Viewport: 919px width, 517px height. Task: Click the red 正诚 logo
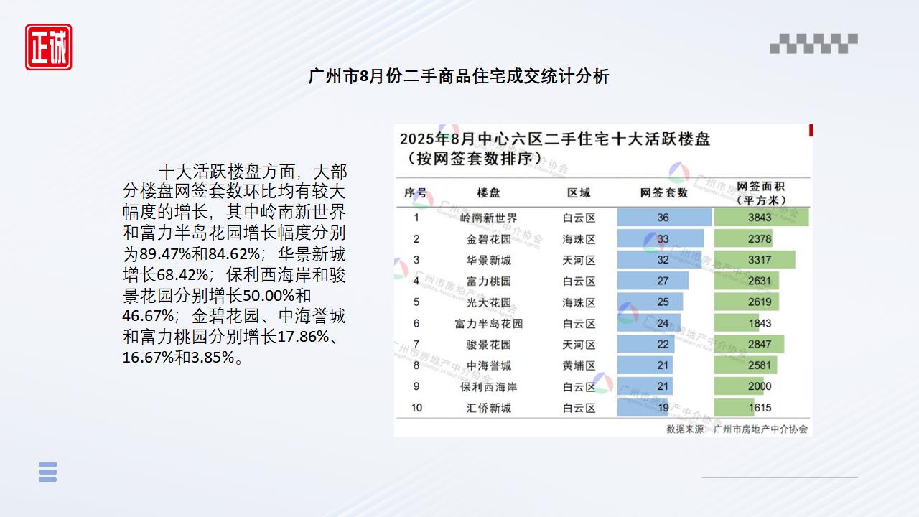(x=48, y=47)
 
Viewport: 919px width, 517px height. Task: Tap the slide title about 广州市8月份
(x=459, y=77)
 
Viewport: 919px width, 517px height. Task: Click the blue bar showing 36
(x=664, y=217)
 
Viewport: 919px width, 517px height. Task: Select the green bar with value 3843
(x=762, y=217)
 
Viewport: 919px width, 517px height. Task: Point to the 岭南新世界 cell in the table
(x=488, y=218)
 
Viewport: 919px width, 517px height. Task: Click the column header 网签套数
(x=664, y=192)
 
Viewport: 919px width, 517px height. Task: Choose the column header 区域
(x=579, y=192)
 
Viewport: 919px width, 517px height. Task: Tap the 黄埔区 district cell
(x=579, y=365)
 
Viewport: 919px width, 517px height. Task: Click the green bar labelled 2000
(x=739, y=386)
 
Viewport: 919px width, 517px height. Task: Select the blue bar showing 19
(x=643, y=407)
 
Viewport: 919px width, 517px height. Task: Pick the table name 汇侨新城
(x=488, y=408)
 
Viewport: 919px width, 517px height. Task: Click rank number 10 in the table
(x=416, y=407)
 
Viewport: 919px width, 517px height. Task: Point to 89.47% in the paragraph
(x=165, y=254)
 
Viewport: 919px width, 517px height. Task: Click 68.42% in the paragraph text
(x=182, y=274)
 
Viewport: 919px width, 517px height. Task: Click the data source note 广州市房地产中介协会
(x=760, y=429)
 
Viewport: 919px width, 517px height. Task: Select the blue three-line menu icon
(x=48, y=472)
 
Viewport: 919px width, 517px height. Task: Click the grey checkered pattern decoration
(x=813, y=44)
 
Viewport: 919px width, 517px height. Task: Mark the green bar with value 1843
(x=737, y=323)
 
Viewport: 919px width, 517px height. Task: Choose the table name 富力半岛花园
(x=488, y=323)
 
